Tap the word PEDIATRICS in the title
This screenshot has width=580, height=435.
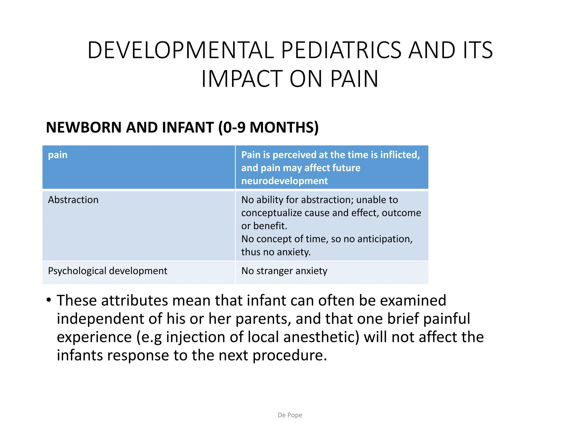[341, 50]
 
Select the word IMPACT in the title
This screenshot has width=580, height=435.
[242, 79]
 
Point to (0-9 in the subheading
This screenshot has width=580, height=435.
[232, 127]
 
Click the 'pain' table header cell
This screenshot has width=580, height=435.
[58, 155]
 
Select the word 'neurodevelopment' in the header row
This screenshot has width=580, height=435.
[284, 181]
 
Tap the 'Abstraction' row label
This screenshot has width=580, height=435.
[73, 200]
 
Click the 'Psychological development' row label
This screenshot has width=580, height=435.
[108, 271]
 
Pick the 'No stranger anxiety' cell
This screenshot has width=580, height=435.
[284, 271]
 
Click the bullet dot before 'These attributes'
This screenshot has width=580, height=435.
[49, 300]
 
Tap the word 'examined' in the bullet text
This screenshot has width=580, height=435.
[413, 300]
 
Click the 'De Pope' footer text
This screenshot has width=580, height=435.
[290, 415]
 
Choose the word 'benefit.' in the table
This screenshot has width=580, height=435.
[270, 226]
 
